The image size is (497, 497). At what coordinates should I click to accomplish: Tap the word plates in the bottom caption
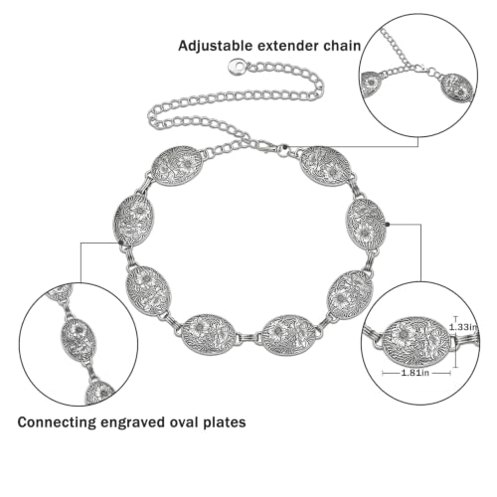point(227,422)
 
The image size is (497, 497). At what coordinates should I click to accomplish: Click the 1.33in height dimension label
point(464,327)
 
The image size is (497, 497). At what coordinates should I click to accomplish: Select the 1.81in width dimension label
point(415,373)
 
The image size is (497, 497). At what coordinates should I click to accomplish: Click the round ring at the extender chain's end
point(238,67)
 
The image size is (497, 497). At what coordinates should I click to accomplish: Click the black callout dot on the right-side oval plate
point(388,225)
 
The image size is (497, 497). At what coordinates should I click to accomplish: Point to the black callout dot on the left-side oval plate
point(121,243)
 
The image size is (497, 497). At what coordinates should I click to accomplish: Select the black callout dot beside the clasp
point(285,146)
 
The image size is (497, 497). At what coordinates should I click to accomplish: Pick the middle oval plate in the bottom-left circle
point(79,340)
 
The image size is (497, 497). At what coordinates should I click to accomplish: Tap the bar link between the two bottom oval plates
point(248,339)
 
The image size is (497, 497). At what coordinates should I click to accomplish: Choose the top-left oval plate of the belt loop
point(177,166)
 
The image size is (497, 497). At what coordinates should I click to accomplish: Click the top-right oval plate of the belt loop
point(325,167)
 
